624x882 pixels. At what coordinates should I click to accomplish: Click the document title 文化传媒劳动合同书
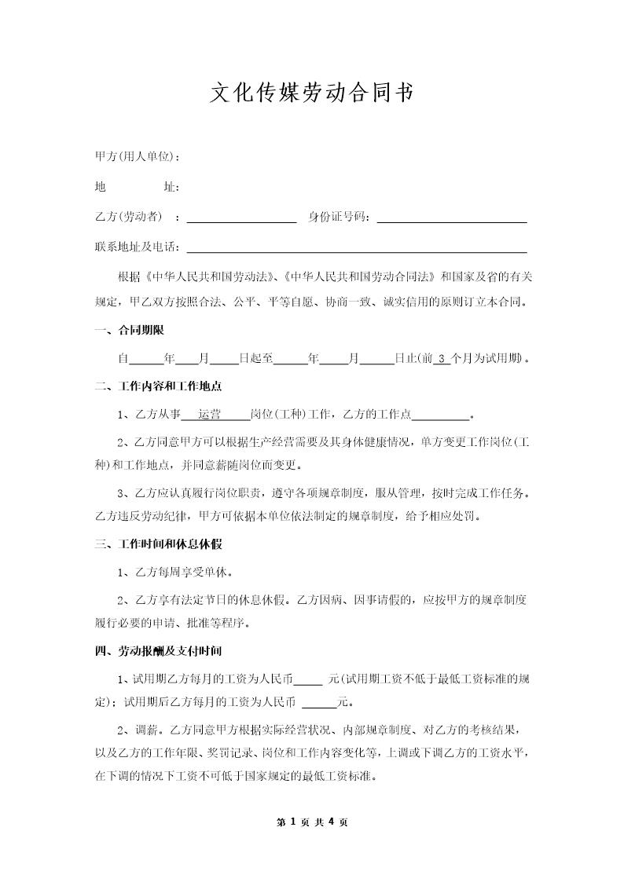coord(312,93)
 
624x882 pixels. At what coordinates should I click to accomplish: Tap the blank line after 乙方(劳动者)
coord(241,218)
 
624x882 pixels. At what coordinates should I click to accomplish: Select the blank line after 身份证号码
coord(452,218)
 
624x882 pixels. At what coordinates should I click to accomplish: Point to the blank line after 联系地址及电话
coord(356,248)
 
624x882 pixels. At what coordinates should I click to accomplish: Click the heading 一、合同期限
coord(130,331)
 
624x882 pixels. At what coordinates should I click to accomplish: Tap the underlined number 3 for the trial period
coord(442,359)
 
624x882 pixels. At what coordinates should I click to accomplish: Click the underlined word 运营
coord(209,415)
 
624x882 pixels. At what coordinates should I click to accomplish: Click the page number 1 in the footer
coord(292,822)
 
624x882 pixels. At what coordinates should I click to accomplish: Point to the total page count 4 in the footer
coord(332,822)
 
